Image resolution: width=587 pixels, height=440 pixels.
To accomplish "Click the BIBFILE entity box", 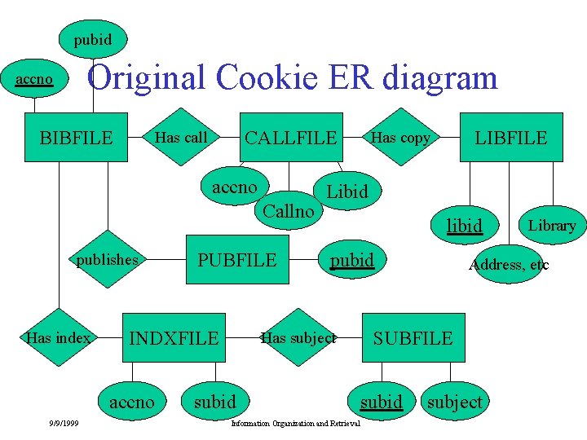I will tap(76, 137).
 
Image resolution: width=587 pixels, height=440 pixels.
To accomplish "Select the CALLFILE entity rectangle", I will tap(291, 137).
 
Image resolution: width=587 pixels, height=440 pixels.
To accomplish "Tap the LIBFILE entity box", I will tap(511, 137).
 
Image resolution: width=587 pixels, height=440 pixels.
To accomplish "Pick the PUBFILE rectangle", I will tap(237, 260).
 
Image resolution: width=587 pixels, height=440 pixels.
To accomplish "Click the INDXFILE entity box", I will tap(174, 337).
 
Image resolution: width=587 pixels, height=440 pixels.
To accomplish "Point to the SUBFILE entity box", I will tap(413, 337).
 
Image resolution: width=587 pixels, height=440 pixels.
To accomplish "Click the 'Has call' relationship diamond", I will tap(182, 137).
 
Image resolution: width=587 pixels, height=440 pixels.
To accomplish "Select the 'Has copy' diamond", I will tap(400, 137).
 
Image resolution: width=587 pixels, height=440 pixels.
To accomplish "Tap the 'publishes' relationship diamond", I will tap(107, 260).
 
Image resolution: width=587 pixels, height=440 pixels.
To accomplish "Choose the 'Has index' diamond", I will tap(59, 337).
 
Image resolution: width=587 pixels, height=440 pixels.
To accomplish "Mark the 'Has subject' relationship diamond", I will tap(298, 337).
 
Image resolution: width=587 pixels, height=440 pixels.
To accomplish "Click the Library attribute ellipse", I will tap(552, 225).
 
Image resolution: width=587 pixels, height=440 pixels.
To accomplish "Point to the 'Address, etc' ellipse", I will tap(509, 264).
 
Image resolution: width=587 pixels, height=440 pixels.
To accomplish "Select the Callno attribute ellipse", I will tap(288, 210).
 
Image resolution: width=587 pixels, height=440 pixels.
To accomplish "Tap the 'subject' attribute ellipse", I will tap(454, 401).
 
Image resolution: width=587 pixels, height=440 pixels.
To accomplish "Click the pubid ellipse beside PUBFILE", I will tap(351, 260).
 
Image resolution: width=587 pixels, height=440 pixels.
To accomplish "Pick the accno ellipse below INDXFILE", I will tap(130, 401).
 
